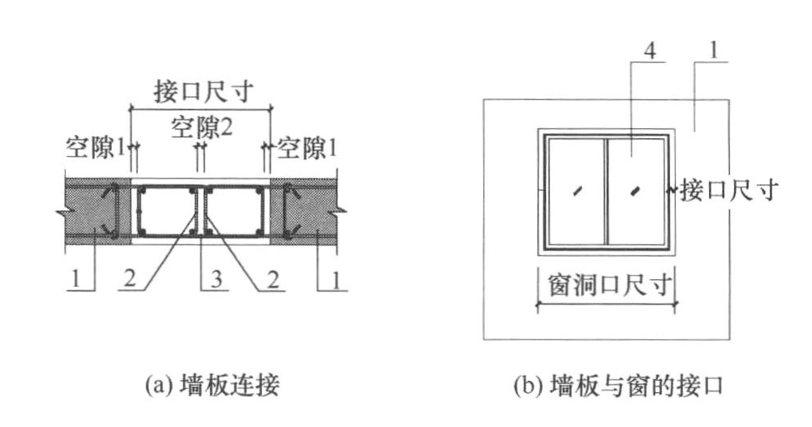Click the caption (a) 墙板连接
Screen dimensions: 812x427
click(x=213, y=385)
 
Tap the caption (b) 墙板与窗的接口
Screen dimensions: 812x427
click(x=618, y=386)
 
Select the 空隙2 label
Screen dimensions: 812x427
click(x=202, y=127)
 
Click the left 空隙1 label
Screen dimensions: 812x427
click(x=96, y=149)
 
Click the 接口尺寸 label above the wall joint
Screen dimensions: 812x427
click(x=204, y=92)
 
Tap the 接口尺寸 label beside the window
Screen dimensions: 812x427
click(x=729, y=190)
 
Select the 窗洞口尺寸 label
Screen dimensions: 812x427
click(x=610, y=284)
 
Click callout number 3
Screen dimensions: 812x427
click(x=217, y=278)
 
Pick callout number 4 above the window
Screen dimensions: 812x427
click(x=650, y=51)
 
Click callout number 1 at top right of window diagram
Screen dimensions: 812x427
click(x=715, y=51)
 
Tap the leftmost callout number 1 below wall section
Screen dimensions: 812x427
click(x=75, y=279)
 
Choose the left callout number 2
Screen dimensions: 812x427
click(x=130, y=278)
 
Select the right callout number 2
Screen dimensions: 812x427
click(x=273, y=279)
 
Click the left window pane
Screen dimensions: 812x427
click(x=576, y=192)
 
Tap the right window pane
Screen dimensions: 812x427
click(x=636, y=192)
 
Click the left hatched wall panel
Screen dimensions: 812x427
click(x=98, y=209)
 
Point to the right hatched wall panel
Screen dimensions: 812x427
click(x=304, y=209)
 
